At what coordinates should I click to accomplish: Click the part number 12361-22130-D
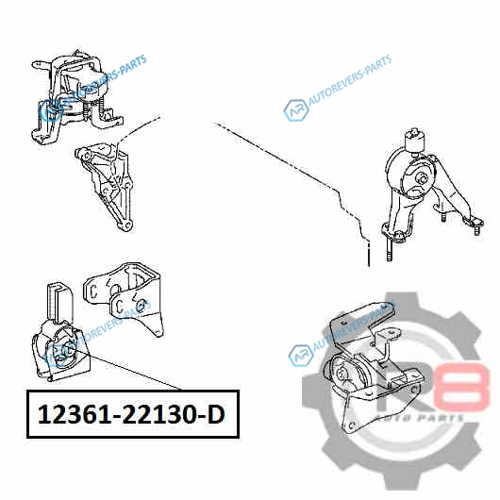[131, 414]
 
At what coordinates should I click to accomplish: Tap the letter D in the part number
[217, 414]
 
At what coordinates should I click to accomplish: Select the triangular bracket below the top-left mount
[105, 186]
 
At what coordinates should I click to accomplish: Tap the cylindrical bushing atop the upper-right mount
[415, 141]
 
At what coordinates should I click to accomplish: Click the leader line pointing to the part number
[127, 370]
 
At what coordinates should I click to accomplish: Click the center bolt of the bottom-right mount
[342, 374]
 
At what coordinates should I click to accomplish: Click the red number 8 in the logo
[464, 386]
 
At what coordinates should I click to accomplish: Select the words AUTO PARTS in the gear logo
[419, 418]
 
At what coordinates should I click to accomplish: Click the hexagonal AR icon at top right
[296, 110]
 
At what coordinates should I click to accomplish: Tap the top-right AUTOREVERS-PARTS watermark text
[349, 80]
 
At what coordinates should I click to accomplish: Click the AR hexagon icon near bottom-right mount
[301, 356]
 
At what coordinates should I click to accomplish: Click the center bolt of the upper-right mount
[422, 178]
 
